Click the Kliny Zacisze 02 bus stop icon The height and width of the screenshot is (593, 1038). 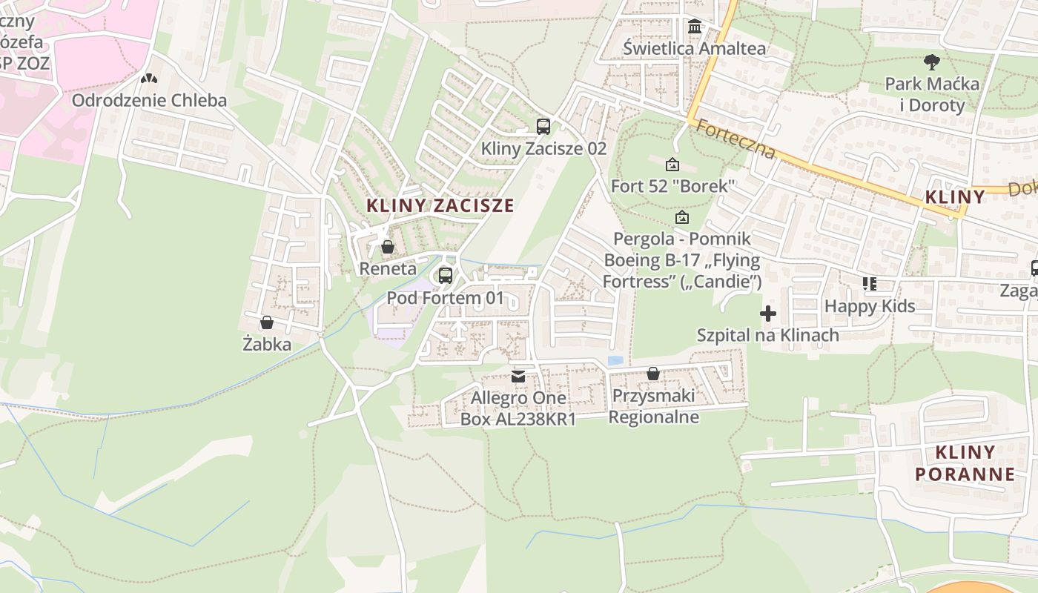(543, 126)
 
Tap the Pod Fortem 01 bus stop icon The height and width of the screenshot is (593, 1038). (446, 276)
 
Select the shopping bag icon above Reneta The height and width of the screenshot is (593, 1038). (387, 247)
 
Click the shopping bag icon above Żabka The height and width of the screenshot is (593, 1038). (267, 322)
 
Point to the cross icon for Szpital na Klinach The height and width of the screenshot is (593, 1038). (768, 314)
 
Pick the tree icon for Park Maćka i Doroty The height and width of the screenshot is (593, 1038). (931, 62)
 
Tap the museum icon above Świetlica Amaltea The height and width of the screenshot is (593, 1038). (695, 27)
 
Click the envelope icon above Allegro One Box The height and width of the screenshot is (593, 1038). (518, 377)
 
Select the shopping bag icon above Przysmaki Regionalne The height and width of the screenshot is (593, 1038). (653, 374)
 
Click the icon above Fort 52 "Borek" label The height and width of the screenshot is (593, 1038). (672, 165)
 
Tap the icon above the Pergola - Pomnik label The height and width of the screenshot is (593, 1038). (682, 218)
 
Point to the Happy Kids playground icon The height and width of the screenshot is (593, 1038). (870, 284)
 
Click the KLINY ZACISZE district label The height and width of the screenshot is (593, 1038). (440, 206)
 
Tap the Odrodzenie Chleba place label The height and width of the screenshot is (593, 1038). (149, 100)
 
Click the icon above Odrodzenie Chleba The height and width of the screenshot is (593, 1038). (149, 78)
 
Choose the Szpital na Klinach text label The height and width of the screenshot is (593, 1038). (768, 335)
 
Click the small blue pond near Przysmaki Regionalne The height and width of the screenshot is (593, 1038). (615, 361)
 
